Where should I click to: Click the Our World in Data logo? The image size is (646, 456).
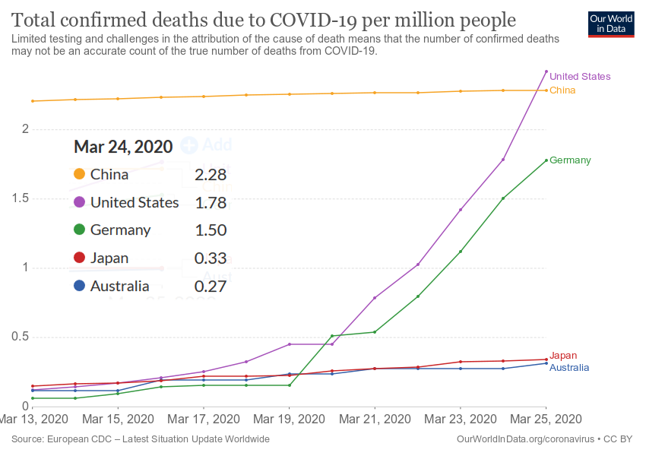click(611, 24)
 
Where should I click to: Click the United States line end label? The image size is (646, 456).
click(579, 76)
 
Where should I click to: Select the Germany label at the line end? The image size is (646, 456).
click(570, 160)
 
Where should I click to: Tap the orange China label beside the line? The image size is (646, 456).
click(562, 90)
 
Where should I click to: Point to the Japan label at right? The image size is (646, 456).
click(563, 355)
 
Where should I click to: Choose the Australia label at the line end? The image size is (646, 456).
click(569, 368)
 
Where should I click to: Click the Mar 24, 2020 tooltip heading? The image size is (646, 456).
click(123, 147)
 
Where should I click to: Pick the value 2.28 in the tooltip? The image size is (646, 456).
click(211, 175)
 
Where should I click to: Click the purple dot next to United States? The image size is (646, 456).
click(79, 203)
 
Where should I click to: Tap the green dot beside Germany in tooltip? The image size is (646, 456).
click(79, 230)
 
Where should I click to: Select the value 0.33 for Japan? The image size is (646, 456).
click(211, 258)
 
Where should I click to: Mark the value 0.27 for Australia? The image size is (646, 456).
click(211, 287)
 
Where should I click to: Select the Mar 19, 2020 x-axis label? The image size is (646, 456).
click(290, 419)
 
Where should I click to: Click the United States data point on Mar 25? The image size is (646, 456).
click(546, 71)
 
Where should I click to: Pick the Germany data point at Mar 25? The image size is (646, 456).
click(546, 160)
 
